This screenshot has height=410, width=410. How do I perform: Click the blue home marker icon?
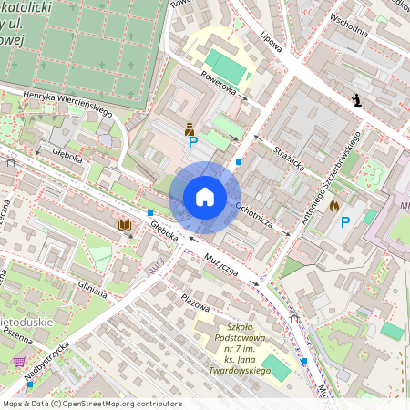click(x=204, y=197)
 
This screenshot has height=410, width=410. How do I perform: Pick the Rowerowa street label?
click(x=219, y=85)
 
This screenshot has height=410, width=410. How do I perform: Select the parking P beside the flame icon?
click(x=345, y=221)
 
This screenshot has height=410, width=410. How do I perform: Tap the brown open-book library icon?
click(x=124, y=225)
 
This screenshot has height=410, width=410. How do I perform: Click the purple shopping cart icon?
click(x=19, y=362)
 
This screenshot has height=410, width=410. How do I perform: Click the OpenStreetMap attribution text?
click(x=92, y=403)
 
